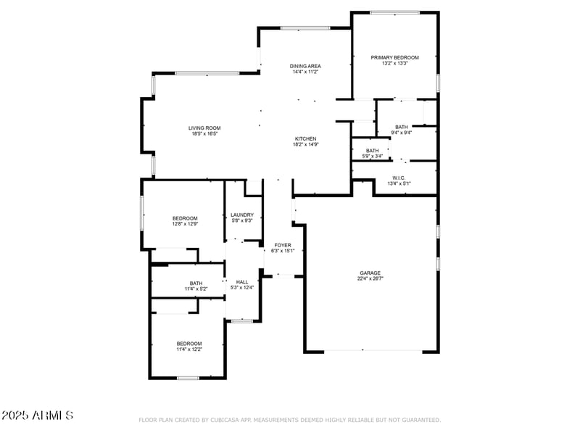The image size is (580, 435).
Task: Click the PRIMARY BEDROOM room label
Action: (x=394, y=57)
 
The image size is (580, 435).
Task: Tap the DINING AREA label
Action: (x=306, y=66)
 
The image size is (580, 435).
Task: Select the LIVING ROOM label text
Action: (x=204, y=128)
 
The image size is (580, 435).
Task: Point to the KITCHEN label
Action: (x=305, y=138)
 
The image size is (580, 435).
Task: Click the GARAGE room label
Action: (x=370, y=273)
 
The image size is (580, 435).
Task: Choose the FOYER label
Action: (x=283, y=245)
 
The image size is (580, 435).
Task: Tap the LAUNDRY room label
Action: (x=242, y=215)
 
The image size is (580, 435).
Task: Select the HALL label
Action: (x=242, y=282)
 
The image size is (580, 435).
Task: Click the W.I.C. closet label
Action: (x=399, y=178)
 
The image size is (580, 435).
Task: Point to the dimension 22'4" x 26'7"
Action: (x=370, y=278)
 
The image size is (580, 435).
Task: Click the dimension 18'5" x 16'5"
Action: (x=204, y=133)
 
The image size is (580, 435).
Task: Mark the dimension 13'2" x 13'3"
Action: (x=394, y=63)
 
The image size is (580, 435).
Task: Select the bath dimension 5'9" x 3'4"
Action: (x=372, y=156)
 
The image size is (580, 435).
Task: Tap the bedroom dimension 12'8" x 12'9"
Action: (x=185, y=224)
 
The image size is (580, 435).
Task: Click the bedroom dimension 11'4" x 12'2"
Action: (x=189, y=349)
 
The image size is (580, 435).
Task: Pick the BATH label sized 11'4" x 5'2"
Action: (x=196, y=283)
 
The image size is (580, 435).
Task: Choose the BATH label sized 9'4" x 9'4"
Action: (x=401, y=127)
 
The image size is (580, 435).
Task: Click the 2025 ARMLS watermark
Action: (x=37, y=415)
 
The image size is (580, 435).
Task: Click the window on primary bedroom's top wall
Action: (x=394, y=12)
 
